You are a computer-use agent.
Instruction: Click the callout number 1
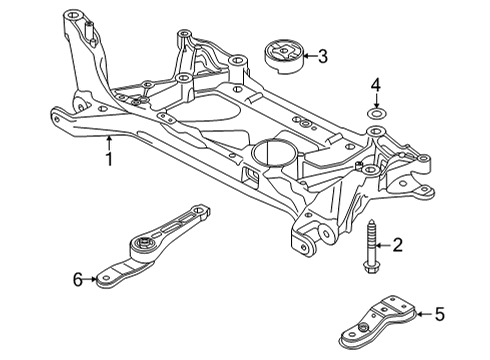click(x=109, y=159)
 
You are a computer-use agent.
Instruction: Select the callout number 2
click(x=397, y=245)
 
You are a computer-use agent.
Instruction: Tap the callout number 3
click(x=322, y=56)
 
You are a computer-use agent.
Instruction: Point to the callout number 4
click(x=376, y=85)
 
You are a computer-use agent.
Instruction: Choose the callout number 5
click(x=440, y=314)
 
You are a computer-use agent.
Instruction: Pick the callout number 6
click(x=78, y=279)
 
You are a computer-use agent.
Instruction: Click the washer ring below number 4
click(x=376, y=113)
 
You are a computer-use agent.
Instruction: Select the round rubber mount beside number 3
click(x=283, y=57)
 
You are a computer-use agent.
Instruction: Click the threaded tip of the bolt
click(x=371, y=222)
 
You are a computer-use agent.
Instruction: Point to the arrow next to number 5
click(x=425, y=314)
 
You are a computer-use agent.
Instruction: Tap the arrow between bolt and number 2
click(x=383, y=245)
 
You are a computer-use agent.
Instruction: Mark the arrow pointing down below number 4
click(x=376, y=100)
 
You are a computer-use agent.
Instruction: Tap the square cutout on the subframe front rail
click(x=251, y=176)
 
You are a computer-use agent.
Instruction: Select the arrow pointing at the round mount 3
click(x=310, y=56)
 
